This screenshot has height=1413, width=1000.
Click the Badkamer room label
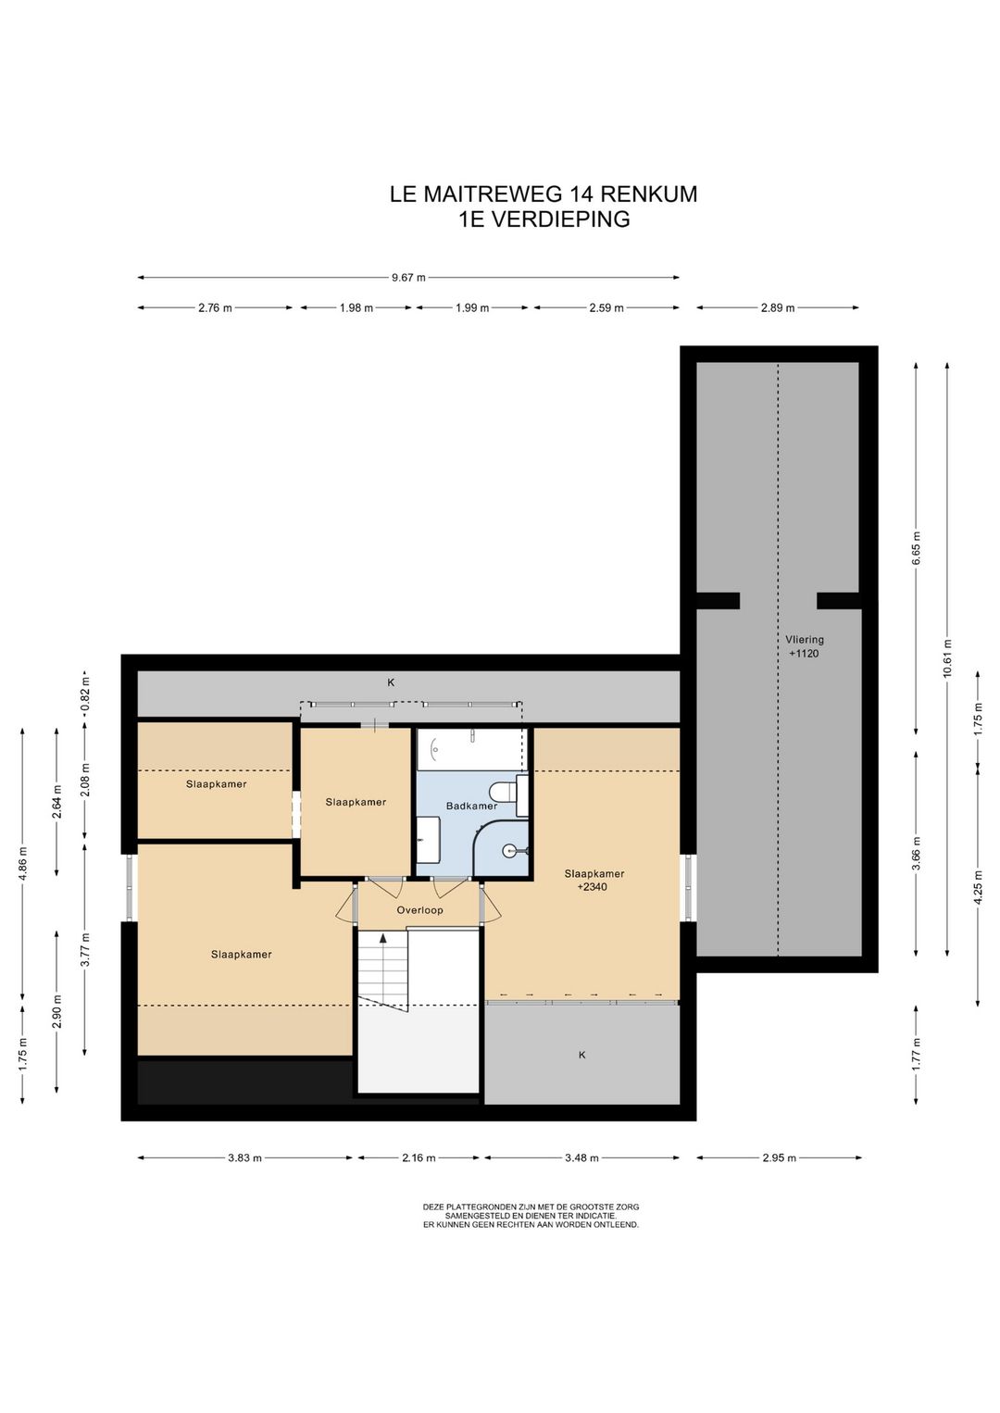click(471, 806)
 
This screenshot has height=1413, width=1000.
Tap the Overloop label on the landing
click(419, 910)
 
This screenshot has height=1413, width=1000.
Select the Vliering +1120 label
click(806, 646)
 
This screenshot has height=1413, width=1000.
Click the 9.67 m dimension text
click(408, 277)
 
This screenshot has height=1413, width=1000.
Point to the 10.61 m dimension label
click(947, 658)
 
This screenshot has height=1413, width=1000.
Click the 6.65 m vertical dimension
click(916, 548)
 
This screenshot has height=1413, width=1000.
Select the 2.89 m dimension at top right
click(777, 307)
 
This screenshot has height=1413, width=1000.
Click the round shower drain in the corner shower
click(509, 851)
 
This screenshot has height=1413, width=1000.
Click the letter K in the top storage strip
click(391, 682)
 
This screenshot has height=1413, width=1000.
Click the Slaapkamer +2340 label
click(594, 880)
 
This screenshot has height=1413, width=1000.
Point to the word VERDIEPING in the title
click(559, 219)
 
